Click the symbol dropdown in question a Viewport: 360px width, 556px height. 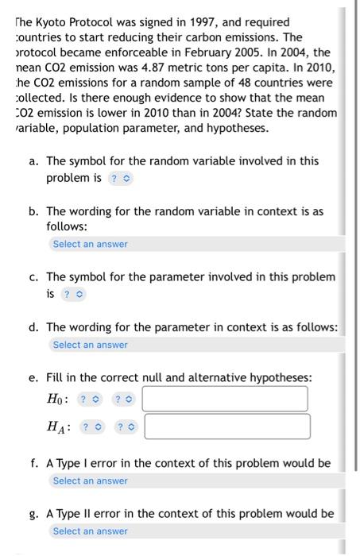pyautogui.click(x=121, y=178)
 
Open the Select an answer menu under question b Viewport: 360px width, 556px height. pyautogui.click(x=90, y=244)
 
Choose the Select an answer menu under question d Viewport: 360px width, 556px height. pyautogui.click(x=90, y=345)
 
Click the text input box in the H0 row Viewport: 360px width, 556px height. pyautogui.click(x=225, y=399)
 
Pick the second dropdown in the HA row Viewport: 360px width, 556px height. pyautogui.click(x=126, y=427)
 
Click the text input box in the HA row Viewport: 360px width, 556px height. pyautogui.click(x=227, y=427)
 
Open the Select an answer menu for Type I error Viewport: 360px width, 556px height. pyautogui.click(x=90, y=481)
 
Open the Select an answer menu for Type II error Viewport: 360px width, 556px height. pyautogui.click(x=90, y=531)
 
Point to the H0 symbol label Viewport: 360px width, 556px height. pyautogui.click(x=57, y=399)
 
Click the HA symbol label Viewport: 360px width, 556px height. pyautogui.click(x=59, y=427)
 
